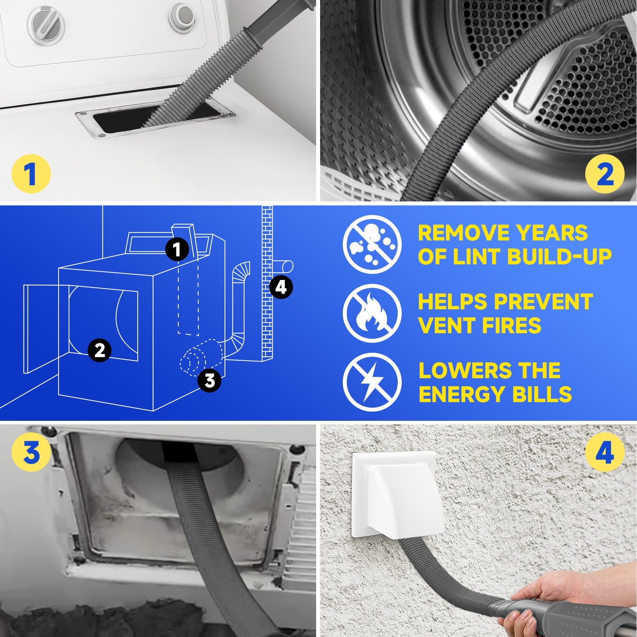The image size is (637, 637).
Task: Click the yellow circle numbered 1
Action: click(31, 174)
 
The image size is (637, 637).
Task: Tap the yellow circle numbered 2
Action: click(605, 174)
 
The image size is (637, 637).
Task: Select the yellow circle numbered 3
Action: click(31, 453)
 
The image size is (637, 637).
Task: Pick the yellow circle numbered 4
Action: click(605, 453)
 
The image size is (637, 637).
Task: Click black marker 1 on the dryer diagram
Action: click(177, 250)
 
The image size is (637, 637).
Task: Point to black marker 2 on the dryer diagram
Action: click(100, 350)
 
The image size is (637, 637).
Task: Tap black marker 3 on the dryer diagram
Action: click(209, 381)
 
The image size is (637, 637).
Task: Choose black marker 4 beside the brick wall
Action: click(281, 287)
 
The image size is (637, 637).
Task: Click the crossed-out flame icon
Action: click(372, 313)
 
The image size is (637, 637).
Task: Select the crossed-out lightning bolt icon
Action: click(372, 382)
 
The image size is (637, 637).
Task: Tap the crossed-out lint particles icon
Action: click(372, 244)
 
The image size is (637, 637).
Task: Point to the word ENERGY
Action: click(462, 395)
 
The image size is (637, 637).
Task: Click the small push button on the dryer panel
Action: click(182, 17)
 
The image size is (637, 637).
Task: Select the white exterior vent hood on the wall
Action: click(398, 498)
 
